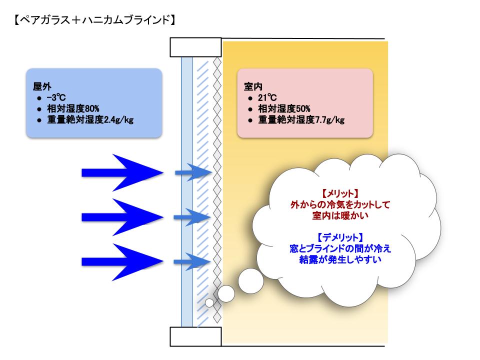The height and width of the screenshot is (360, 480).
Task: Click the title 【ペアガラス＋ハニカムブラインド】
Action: (x=94, y=20)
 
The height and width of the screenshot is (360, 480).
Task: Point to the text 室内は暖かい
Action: (x=340, y=215)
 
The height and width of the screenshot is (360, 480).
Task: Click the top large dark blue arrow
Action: (x=123, y=172)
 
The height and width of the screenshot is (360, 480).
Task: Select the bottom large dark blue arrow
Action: (x=123, y=261)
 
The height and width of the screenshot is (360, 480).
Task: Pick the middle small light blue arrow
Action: (x=192, y=217)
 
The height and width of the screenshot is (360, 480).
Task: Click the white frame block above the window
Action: (x=196, y=47)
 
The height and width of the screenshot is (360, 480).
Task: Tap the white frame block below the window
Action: (x=196, y=336)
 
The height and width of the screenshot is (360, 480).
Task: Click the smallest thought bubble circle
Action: (x=209, y=302)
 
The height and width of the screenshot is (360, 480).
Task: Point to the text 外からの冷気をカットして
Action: (x=340, y=204)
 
